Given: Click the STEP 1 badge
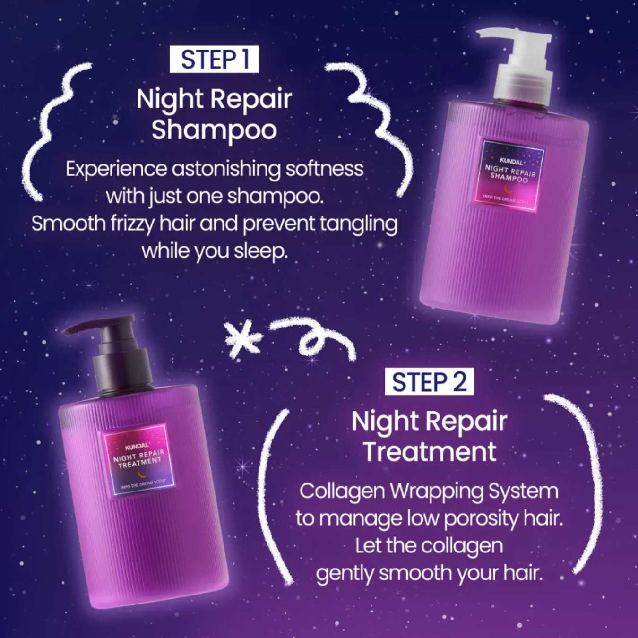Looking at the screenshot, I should coord(214,60).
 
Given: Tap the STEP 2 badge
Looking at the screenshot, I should coord(429,382).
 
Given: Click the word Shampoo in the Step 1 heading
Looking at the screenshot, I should coord(214,129).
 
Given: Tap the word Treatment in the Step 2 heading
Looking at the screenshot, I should coord(430,451).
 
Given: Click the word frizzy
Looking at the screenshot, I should coord(132,224).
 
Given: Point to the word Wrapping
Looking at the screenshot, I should coord(437,491).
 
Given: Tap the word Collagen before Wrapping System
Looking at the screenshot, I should coord(342,491).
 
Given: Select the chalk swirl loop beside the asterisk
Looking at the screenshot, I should coord(312,336).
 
